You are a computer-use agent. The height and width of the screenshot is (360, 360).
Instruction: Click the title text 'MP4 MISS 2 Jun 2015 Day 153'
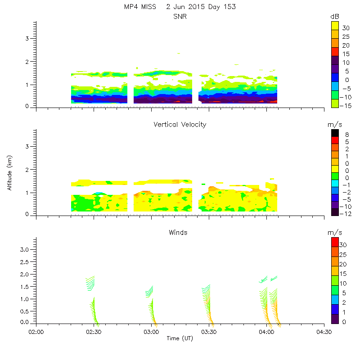[x=180, y=7]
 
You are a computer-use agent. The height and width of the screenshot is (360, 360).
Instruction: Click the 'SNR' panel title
[x=180, y=17]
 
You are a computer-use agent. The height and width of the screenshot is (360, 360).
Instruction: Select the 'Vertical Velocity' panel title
[x=180, y=125]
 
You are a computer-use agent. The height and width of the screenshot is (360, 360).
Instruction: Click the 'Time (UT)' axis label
[x=180, y=338]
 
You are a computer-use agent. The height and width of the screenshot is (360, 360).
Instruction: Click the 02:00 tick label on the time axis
[x=36, y=332]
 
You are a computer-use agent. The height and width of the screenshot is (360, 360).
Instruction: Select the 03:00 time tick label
[x=151, y=332]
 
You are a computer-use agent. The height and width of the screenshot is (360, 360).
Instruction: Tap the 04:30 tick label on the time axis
[x=324, y=332]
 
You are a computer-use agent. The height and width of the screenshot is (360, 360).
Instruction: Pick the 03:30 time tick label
[x=209, y=332]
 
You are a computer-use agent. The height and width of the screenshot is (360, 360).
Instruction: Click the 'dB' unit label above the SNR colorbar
[x=334, y=17]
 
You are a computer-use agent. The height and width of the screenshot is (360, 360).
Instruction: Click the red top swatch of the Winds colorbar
[x=335, y=242]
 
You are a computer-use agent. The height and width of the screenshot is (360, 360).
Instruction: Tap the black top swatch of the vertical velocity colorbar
[x=335, y=133]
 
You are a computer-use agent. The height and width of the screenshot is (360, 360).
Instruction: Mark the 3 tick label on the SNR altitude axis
[x=28, y=39]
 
